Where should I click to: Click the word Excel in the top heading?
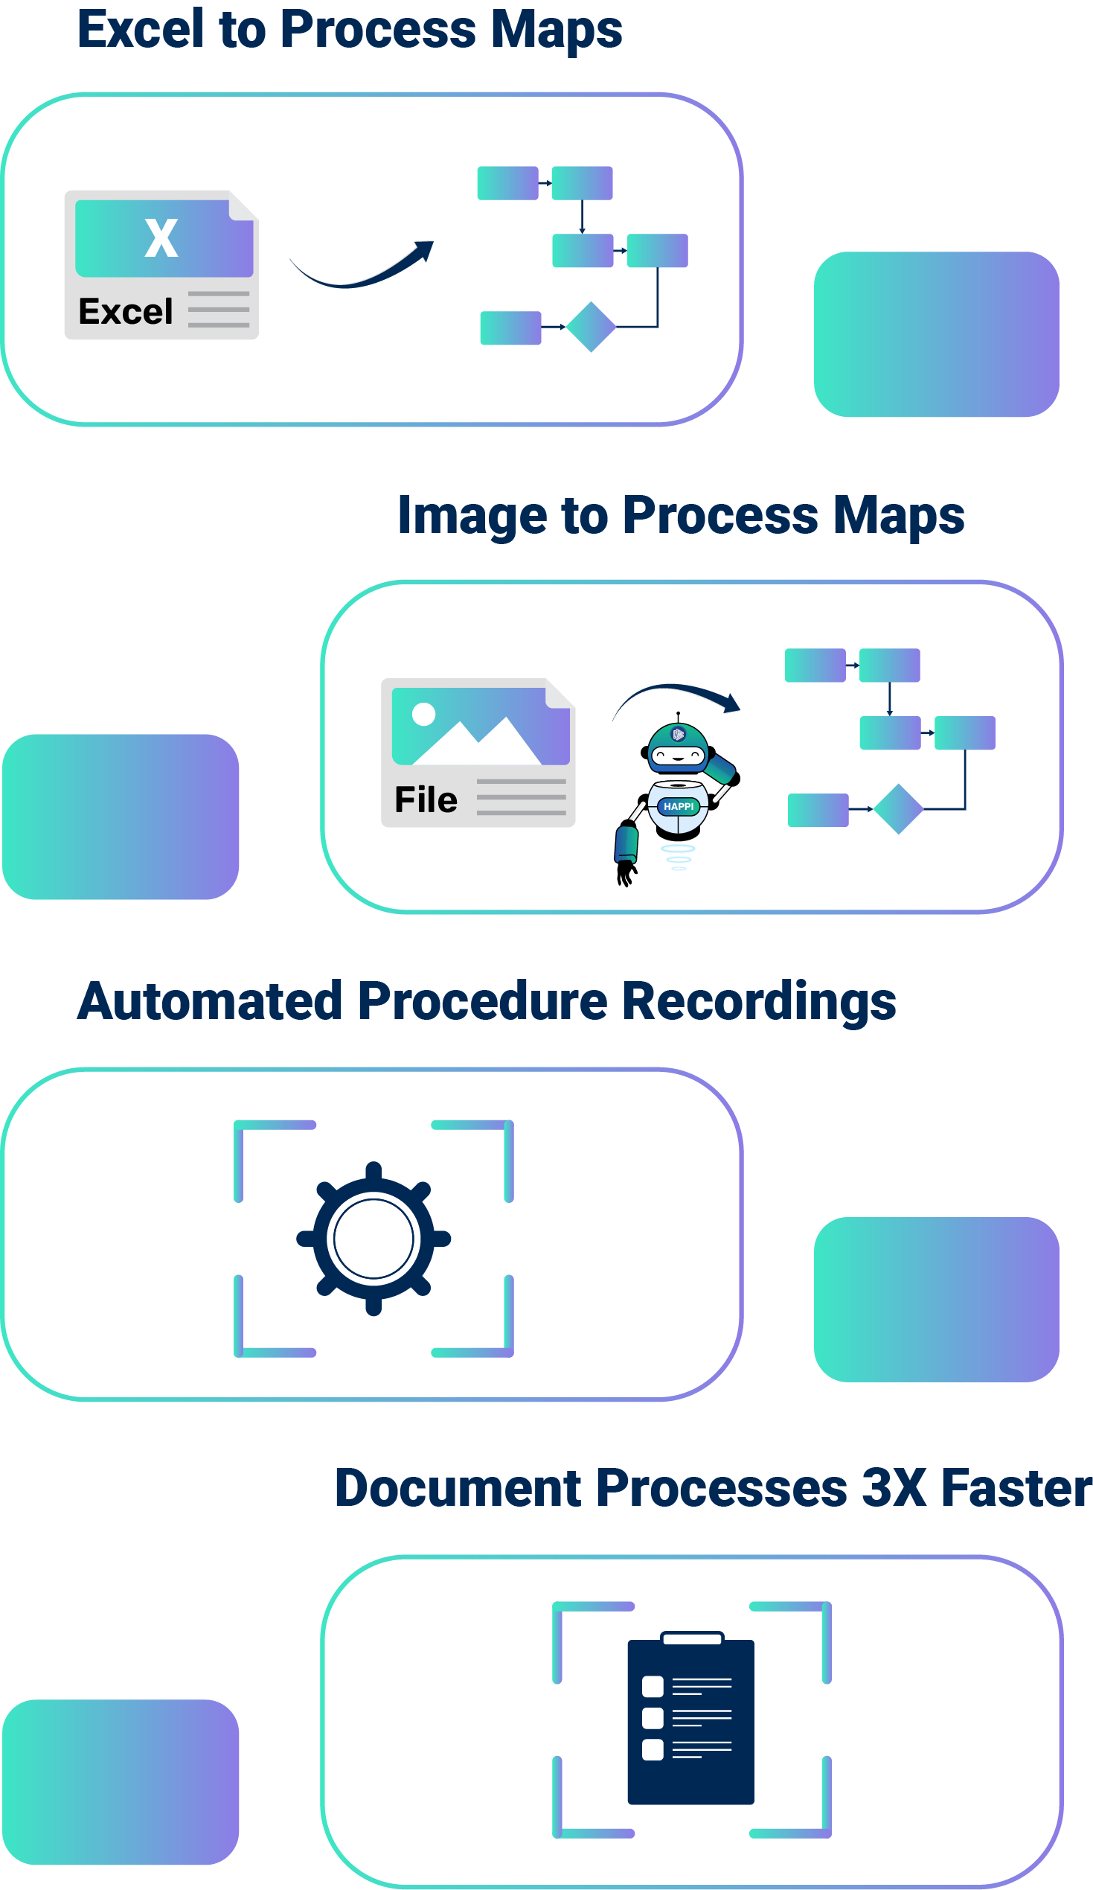click(140, 30)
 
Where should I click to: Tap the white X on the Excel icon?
click(161, 238)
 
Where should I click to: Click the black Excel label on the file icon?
click(125, 311)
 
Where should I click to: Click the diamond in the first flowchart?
click(591, 327)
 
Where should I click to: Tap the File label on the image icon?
click(426, 799)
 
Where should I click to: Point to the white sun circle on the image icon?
click(423, 714)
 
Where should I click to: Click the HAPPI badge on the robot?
click(679, 806)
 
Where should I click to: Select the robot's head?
click(678, 747)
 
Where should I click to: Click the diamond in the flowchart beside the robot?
click(898, 808)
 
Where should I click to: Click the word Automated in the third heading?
click(210, 1002)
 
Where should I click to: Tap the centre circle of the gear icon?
click(374, 1238)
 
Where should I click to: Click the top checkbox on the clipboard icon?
click(653, 1687)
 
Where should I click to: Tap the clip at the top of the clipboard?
click(691, 1638)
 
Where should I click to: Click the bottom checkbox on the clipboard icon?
click(653, 1750)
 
